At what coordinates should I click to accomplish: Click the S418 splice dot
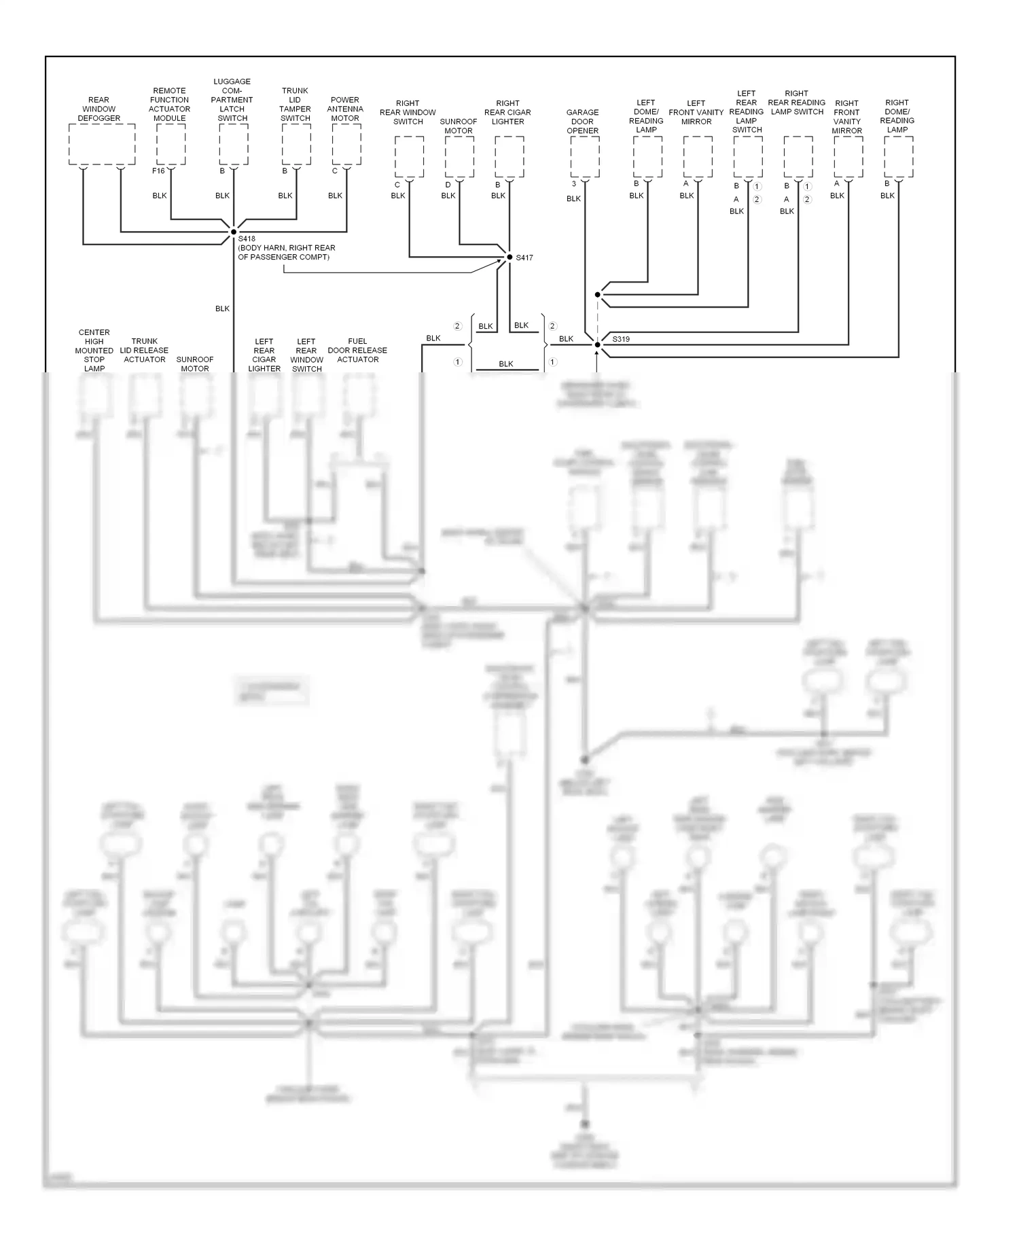point(233,232)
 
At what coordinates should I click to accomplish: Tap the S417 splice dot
point(509,257)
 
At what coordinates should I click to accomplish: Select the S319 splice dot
point(598,344)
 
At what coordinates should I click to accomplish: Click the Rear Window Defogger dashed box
point(102,144)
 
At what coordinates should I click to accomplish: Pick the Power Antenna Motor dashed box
point(346,144)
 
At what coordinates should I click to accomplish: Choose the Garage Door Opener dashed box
point(585,156)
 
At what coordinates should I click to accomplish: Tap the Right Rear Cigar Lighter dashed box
point(509,156)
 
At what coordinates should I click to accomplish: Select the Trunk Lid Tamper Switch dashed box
point(296,144)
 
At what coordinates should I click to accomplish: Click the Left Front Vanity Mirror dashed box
point(698,156)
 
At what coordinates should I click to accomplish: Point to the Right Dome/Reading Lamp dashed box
point(899,156)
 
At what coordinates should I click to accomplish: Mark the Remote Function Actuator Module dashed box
point(171,144)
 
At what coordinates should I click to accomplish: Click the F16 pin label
point(158,171)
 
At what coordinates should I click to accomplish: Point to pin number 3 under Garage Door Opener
point(574,184)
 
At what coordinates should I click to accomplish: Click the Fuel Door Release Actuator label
point(357,351)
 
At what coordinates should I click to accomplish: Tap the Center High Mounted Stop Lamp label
point(94,351)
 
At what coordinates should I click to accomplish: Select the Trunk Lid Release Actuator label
point(145,351)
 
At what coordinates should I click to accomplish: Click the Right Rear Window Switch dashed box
point(409,156)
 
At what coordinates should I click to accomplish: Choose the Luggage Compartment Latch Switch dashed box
point(234,144)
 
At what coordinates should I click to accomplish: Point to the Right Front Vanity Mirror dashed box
point(848,156)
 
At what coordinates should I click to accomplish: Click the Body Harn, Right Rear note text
point(286,253)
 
